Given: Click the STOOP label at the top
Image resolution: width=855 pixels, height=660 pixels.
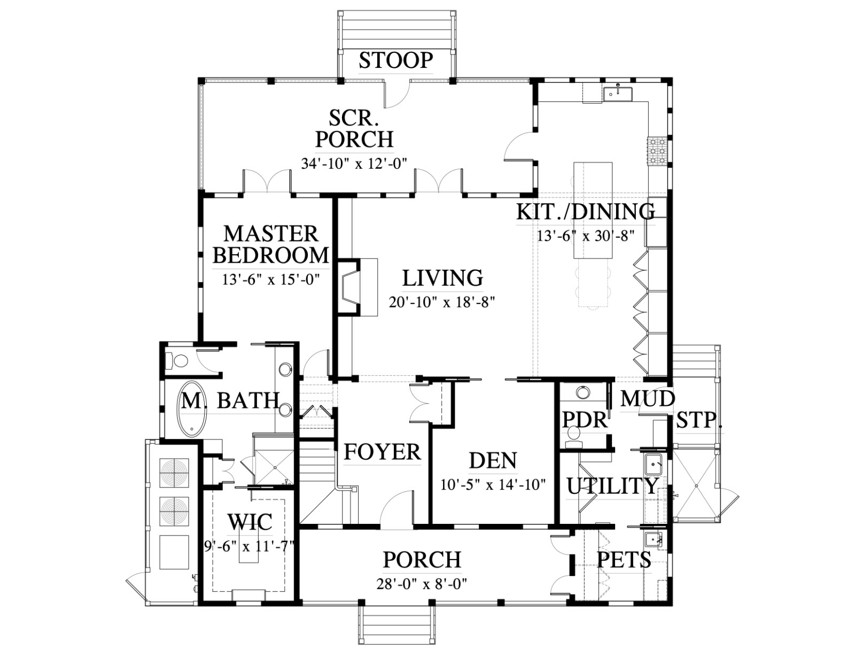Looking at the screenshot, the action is coord(396,60).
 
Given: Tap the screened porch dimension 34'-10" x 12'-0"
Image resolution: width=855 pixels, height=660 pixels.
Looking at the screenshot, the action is coord(354,163).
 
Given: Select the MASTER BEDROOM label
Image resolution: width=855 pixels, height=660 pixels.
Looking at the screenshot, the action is coord(271,244).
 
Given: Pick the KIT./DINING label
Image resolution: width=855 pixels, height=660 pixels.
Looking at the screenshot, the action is coord(586,211).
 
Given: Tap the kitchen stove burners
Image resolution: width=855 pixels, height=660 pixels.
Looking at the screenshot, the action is coord(657,151).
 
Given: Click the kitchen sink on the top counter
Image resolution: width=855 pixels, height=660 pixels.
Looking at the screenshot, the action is coord(618,93).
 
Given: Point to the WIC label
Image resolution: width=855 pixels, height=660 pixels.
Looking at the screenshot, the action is coord(250,522).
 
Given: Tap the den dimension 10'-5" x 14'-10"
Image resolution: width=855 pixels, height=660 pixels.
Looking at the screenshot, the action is coord(493,484).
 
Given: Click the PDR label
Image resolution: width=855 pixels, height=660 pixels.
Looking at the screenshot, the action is coord(585,419).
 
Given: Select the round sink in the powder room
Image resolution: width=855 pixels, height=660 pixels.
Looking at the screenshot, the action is coord(583,392).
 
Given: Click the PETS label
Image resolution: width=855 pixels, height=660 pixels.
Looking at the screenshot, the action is coord(624,560).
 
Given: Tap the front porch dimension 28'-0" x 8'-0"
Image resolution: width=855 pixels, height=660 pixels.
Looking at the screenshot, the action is coord(422,584).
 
